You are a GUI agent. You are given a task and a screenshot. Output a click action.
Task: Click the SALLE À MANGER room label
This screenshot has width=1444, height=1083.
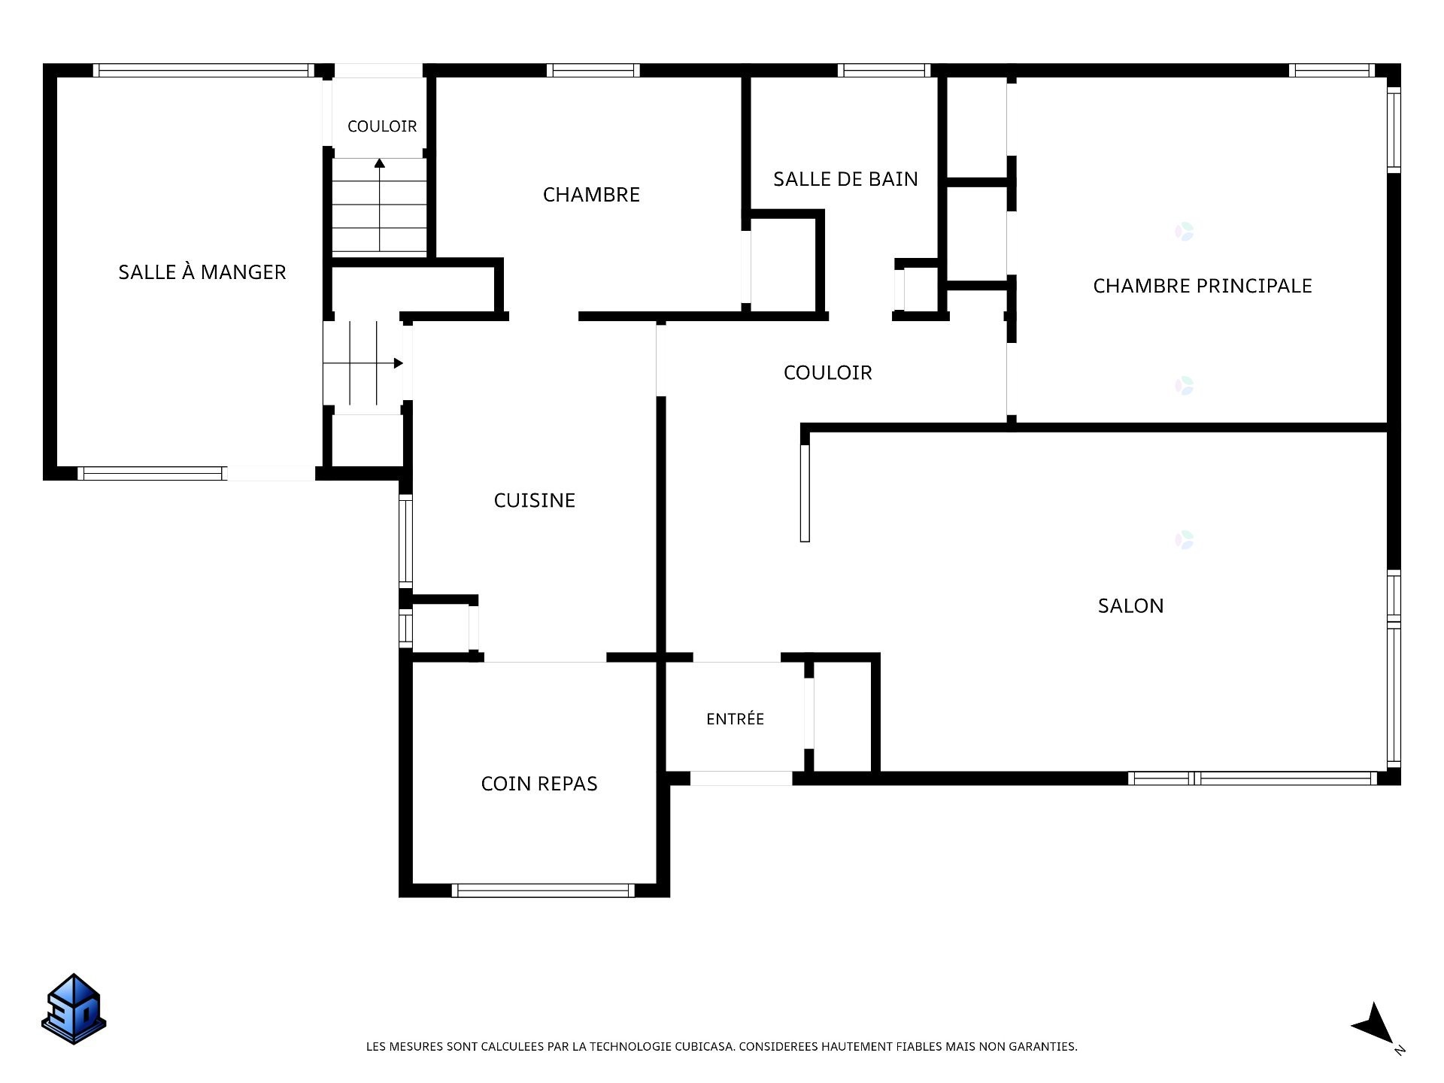point(202,272)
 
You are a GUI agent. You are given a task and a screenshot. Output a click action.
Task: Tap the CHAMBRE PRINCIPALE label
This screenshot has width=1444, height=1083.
point(1202,286)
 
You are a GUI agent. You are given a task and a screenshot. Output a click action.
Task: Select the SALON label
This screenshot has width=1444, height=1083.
point(1130,605)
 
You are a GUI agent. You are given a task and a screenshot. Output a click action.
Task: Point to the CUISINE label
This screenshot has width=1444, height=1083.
point(534,500)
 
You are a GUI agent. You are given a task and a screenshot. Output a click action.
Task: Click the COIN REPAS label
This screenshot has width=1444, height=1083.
point(538,784)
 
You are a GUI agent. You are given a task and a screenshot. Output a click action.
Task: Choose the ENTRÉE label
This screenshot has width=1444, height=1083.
point(735,718)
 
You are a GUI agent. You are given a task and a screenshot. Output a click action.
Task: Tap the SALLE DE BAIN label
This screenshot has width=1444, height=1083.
point(845,179)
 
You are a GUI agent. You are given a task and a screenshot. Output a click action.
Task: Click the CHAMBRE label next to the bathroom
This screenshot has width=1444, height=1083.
point(591,195)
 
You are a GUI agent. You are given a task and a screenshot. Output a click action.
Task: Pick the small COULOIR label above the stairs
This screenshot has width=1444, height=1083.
point(382,126)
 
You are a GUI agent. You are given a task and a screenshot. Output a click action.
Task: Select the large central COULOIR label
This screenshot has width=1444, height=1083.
point(827,372)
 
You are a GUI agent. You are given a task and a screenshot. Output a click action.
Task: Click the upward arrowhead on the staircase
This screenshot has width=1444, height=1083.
point(380,162)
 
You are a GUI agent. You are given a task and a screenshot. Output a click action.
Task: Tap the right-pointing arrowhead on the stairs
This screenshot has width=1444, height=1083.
point(399,363)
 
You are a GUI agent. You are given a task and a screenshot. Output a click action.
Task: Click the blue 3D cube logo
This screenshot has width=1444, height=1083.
point(74,1009)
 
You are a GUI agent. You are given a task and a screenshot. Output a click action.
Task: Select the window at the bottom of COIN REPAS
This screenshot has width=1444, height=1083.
point(543,890)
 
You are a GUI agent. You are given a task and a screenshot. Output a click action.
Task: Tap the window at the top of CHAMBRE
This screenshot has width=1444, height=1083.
point(593,71)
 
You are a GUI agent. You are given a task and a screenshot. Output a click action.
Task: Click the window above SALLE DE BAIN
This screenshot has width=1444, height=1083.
point(884,71)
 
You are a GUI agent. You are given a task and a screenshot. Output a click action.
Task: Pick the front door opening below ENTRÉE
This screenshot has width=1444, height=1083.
point(741,778)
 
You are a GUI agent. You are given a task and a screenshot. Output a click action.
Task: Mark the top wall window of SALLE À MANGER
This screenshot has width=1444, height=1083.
point(204,71)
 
